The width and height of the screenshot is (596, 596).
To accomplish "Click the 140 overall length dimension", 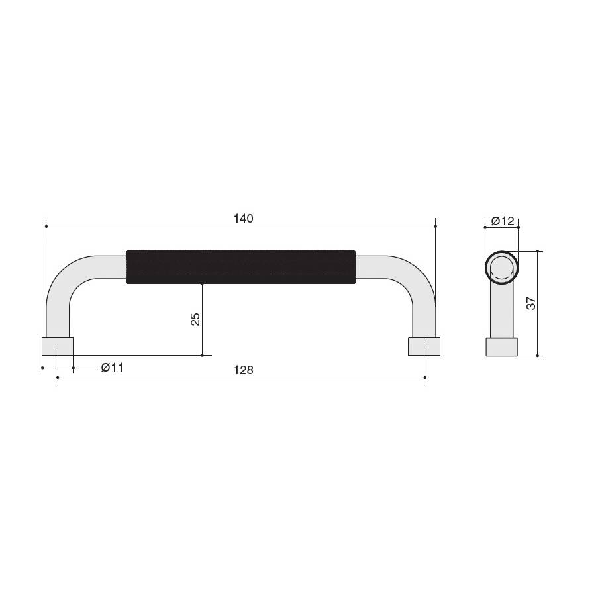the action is point(243,219).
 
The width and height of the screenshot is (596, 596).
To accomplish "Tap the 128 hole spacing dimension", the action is point(243,370).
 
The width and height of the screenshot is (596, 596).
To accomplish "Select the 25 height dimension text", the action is point(195,319).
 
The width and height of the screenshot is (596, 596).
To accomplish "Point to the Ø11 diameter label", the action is point(112,368).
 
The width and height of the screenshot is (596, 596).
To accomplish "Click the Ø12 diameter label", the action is point(503,221).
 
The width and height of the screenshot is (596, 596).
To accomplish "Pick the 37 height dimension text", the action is point(531,303).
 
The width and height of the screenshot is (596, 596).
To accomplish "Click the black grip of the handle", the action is point(240,267).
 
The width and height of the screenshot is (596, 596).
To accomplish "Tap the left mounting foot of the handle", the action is point(58,346).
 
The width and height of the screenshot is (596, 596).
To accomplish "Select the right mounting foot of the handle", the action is point(424,346).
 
